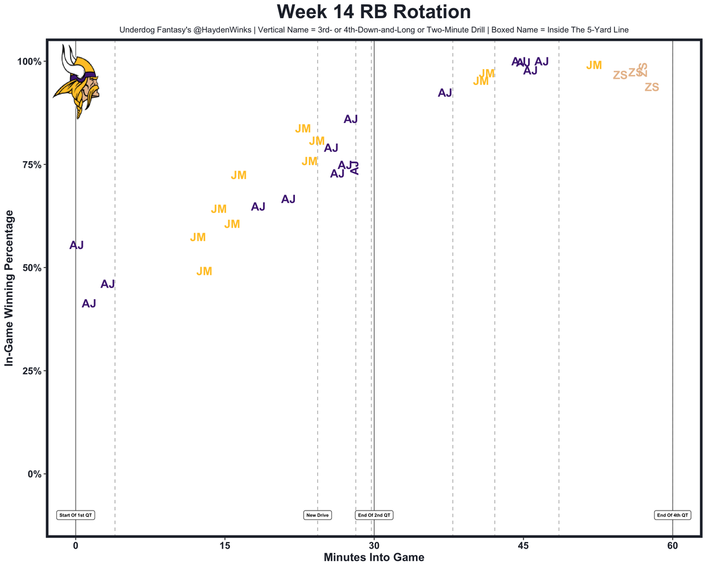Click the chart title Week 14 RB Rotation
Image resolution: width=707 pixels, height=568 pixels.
pyautogui.click(x=373, y=12)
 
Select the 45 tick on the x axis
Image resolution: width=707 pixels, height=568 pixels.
pyautogui.click(x=523, y=546)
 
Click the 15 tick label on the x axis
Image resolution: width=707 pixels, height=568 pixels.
pyautogui.click(x=225, y=546)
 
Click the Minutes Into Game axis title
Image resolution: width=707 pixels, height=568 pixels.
pyautogui.click(x=373, y=558)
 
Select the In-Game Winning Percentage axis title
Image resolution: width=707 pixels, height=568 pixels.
pyautogui.click(x=9, y=288)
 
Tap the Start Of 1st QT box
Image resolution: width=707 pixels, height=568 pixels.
pyautogui.click(x=76, y=515)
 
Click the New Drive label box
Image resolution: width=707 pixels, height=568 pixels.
pyautogui.click(x=318, y=515)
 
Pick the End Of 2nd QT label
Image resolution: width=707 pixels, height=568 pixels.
pyautogui.click(x=374, y=515)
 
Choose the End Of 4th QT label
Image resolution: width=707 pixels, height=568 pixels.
pyautogui.click(x=672, y=515)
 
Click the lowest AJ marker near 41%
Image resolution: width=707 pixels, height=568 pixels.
pyautogui.click(x=89, y=304)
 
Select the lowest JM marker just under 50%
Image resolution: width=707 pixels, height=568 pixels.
pyautogui.click(x=204, y=272)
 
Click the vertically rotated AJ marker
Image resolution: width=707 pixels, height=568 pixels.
pyautogui.click(x=356, y=168)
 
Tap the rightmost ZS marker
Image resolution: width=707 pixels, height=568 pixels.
pyautogui.click(x=652, y=87)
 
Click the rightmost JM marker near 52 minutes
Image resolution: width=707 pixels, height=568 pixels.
pyautogui.click(x=594, y=66)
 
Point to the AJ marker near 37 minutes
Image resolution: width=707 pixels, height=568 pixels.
pyautogui.click(x=445, y=93)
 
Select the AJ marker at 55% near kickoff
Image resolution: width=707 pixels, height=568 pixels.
pyautogui.click(x=77, y=246)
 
